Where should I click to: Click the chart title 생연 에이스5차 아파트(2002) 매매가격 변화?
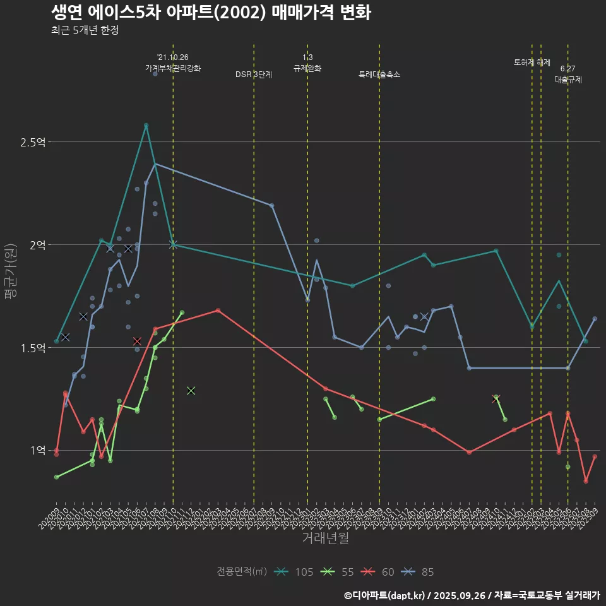pos(211,12)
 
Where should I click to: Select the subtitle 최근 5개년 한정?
pos(85,30)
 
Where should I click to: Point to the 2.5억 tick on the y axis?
pos(33,142)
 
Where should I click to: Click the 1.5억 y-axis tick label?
pos(33,348)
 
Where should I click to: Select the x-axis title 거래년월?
pos(325,538)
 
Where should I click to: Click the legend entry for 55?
pos(339,572)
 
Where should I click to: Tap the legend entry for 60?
pos(379,572)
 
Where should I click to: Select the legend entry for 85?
pos(419,572)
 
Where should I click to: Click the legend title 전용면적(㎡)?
pos(242,572)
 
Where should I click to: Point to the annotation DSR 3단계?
pos(254,74)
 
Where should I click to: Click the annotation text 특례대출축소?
pos(379,74)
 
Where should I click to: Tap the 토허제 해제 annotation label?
pos(532,62)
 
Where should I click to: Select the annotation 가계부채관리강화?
pos(173,68)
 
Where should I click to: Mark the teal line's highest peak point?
pos(146,125)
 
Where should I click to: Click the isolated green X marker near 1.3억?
pos(191,391)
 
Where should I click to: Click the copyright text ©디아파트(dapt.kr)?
pos(385,595)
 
